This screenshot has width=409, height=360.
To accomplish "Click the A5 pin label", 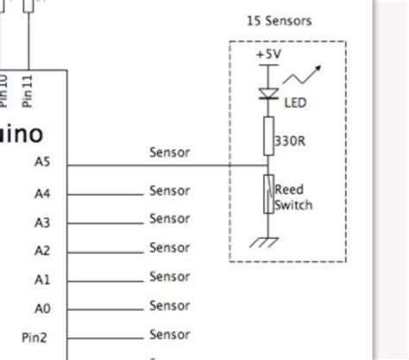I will [42, 161].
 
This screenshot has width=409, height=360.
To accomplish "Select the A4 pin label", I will [42, 193].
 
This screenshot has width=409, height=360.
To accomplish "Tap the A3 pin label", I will [42, 222].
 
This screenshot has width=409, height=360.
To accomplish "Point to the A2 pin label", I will [42, 251].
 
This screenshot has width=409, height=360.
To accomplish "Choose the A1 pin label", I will [42, 280].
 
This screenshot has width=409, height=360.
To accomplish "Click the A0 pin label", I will [42, 308].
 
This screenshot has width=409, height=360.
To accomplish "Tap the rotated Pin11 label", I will [28, 89].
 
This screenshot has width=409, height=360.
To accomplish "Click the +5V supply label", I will [267, 54].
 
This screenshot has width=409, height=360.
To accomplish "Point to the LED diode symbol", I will [268, 92].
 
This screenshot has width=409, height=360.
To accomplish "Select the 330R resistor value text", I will [289, 140].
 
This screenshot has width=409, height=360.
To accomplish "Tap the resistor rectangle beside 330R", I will [267, 136].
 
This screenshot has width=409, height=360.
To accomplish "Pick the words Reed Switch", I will [293, 198].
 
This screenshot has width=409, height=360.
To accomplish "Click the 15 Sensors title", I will [279, 21].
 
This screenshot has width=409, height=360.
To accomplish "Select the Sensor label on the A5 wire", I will [169, 153].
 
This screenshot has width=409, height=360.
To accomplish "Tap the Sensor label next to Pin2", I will [169, 335].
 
